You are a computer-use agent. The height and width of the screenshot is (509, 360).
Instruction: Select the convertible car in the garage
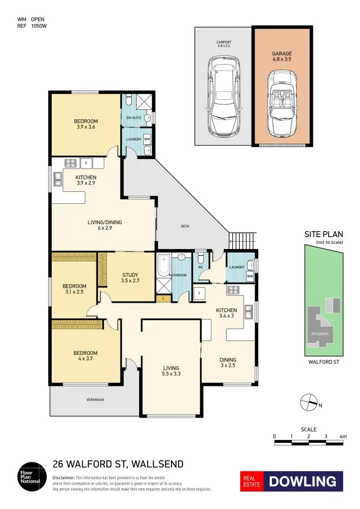(x=282, y=103)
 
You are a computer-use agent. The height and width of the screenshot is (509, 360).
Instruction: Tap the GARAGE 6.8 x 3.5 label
(x=282, y=56)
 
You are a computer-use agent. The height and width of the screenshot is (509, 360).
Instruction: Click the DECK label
(x=185, y=226)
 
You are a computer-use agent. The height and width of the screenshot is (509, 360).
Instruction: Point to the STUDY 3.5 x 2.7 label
(x=130, y=277)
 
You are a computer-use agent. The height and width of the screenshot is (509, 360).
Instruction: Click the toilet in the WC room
(x=200, y=259)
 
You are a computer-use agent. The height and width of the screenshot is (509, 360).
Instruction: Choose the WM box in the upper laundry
(x=147, y=139)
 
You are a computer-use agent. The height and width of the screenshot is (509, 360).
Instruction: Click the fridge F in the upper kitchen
(x=86, y=163)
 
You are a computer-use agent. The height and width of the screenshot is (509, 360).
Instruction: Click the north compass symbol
(x=308, y=401)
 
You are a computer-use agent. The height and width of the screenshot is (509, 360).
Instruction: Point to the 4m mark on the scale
(x=343, y=436)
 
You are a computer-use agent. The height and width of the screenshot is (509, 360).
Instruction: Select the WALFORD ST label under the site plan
(x=324, y=362)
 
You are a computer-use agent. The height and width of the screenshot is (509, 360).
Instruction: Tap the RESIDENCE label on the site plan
(x=320, y=334)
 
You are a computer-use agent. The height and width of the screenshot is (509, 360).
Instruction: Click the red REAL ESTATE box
(x=252, y=481)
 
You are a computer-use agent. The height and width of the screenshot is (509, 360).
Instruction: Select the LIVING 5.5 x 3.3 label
(x=171, y=371)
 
